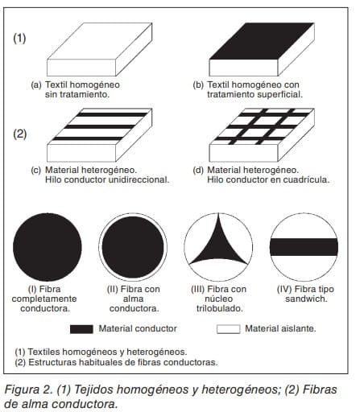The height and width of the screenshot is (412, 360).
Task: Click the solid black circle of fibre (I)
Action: click(x=48, y=247)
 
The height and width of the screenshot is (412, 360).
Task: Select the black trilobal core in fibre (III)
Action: click(x=218, y=245)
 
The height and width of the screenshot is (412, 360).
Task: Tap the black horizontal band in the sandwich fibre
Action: click(x=304, y=247)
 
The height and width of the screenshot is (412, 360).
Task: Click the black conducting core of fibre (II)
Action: click(x=133, y=247)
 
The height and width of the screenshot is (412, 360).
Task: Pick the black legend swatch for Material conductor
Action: click(x=81, y=329)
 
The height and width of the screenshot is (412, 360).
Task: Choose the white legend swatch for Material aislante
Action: click(x=229, y=329)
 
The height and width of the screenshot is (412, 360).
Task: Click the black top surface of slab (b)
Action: click(x=262, y=41)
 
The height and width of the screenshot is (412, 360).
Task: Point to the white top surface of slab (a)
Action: click(x=100, y=41)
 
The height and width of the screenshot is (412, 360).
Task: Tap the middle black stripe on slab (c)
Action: click(x=100, y=126)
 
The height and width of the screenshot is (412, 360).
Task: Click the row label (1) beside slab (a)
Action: click(x=19, y=39)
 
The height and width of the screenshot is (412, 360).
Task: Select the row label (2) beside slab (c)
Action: click(x=20, y=134)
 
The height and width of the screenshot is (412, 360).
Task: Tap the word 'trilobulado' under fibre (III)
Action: click(x=220, y=308)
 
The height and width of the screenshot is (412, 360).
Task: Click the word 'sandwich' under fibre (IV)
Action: click(x=306, y=299)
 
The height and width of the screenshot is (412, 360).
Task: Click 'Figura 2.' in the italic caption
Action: click(x=28, y=389)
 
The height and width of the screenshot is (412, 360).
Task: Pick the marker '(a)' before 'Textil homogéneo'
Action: click(x=36, y=85)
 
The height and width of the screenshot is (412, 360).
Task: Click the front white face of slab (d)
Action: click(x=243, y=153)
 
